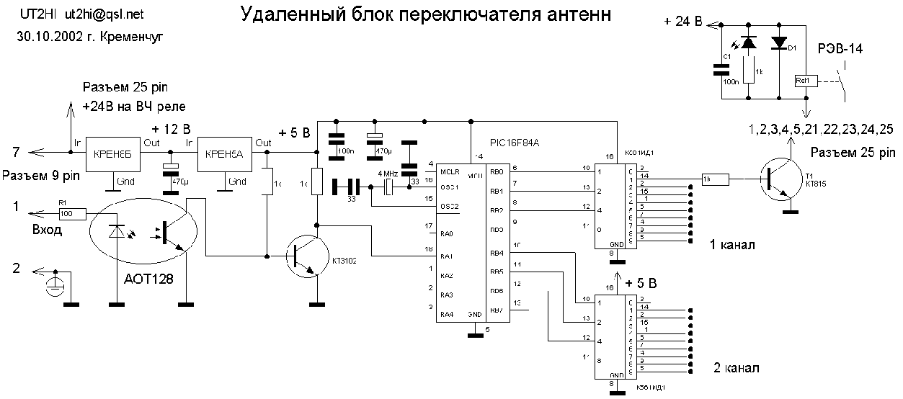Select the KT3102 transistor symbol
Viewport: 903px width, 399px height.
[304, 255]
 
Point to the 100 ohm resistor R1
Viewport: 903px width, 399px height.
[72, 213]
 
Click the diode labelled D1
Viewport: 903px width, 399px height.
[778, 43]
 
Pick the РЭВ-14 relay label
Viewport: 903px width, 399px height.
[840, 49]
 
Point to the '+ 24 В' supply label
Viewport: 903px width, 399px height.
[682, 22]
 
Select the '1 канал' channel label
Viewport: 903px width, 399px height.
[734, 245]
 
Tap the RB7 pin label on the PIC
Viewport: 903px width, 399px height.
[496, 310]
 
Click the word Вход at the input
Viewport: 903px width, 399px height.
[48, 230]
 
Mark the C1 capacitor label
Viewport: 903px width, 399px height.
[727, 55]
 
